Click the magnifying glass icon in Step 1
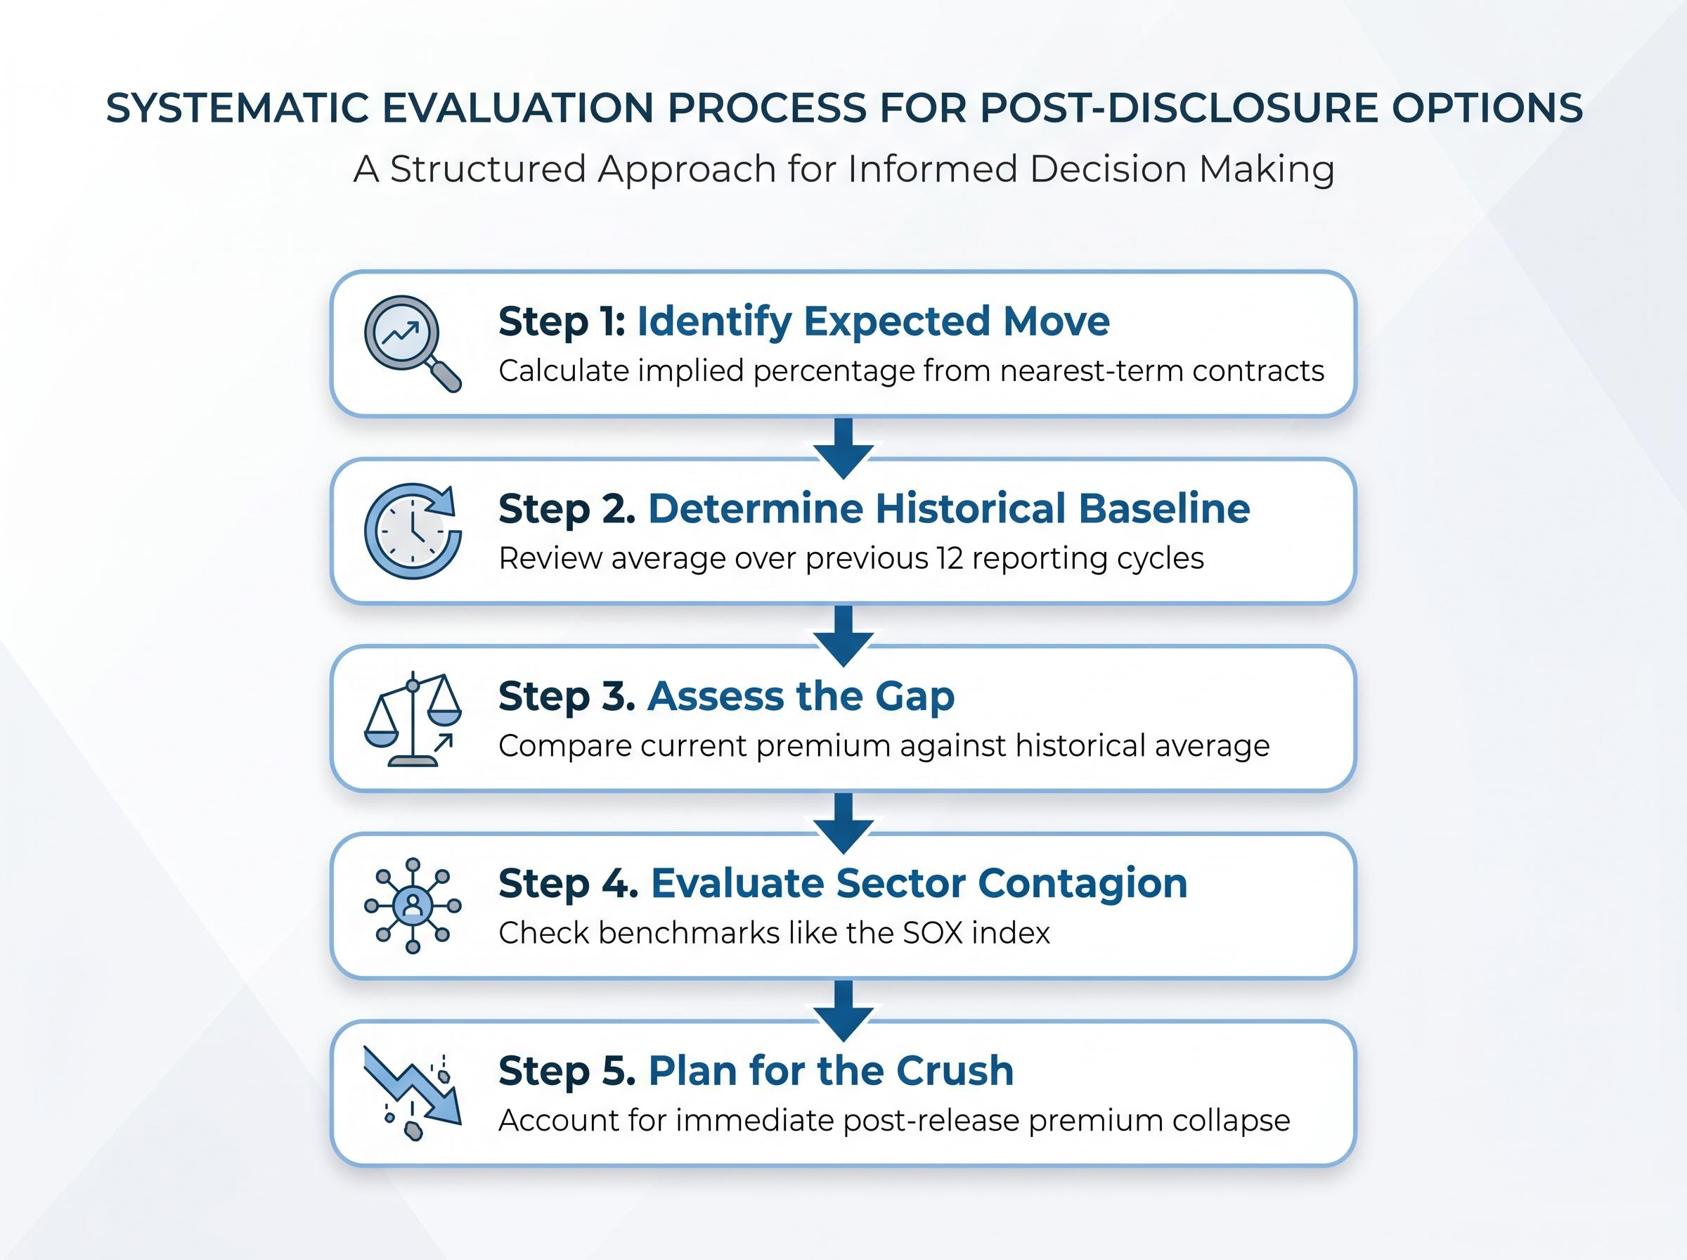tap(412, 343)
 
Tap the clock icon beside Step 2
tap(413, 531)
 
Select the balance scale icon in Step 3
tap(413, 719)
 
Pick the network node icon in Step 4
tap(413, 906)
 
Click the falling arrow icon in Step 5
tap(413, 1093)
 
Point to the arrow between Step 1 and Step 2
tap(843, 448)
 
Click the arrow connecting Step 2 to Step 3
tap(843, 636)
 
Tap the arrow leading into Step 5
tap(843, 1010)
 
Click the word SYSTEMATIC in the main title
tap(237, 108)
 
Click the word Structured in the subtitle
tap(488, 169)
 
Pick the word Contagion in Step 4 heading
tap(1082, 883)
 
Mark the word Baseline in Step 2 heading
tap(1164, 509)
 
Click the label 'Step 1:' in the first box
tap(562, 321)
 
